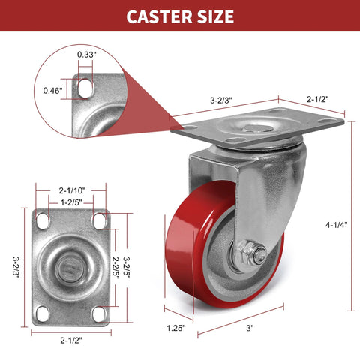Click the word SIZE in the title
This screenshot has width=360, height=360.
(x=213, y=16)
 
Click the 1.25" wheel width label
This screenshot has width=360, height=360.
(x=176, y=327)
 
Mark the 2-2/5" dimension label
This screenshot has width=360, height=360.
(x=115, y=265)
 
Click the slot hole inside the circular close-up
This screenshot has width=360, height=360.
(x=85, y=88)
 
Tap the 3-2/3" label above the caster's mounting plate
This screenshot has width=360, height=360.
(x=222, y=97)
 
